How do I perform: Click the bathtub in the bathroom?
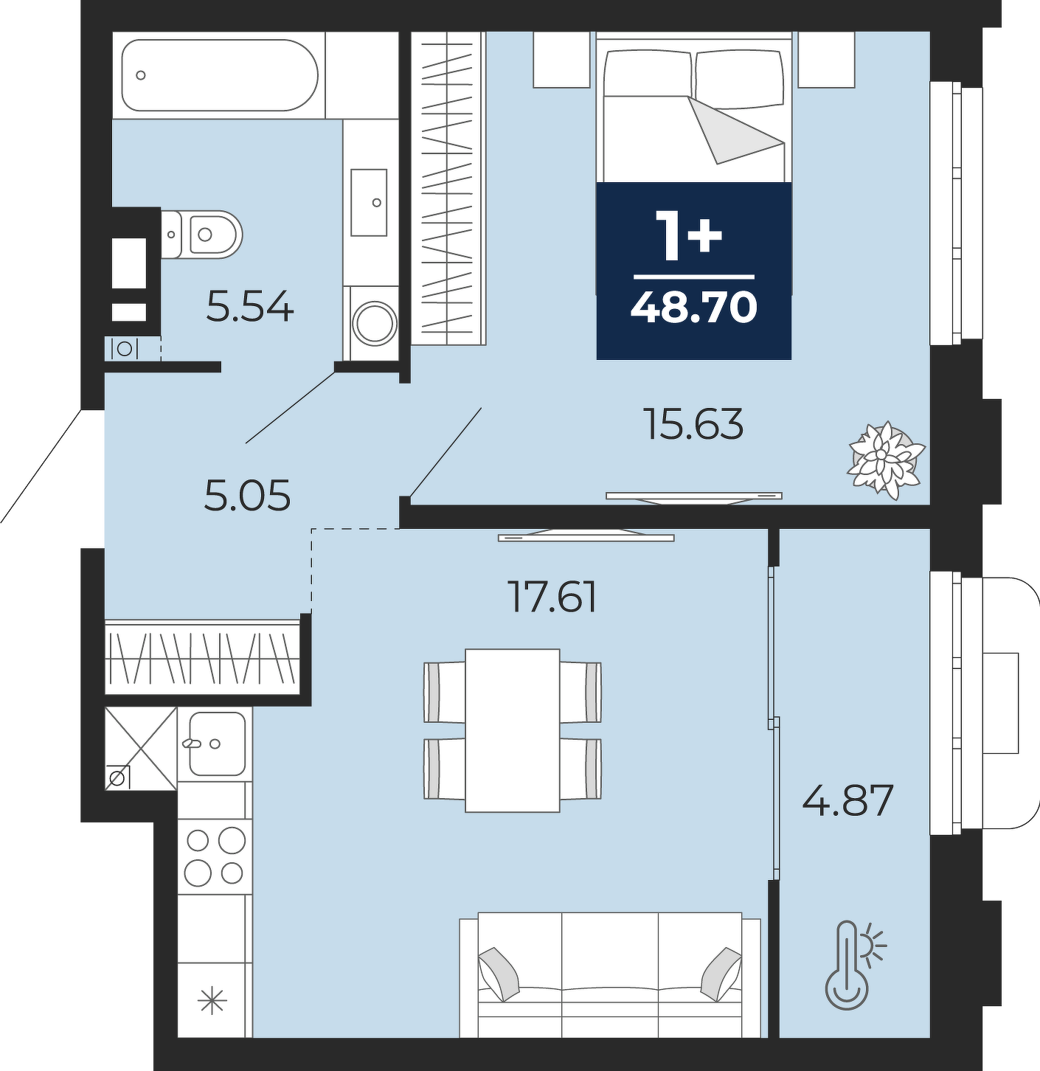pos(220,74)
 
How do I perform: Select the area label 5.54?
pos(250,307)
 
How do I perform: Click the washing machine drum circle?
pos(375,324)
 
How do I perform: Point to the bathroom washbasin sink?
pos(369,202)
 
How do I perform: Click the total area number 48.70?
pos(694,307)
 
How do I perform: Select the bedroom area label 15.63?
pos(695,424)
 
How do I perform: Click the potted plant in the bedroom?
pos(886,460)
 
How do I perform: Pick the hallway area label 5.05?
pos(247,496)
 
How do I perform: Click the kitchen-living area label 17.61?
pos(554,597)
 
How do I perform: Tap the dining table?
pos(513,730)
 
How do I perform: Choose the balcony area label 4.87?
pos(848,801)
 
